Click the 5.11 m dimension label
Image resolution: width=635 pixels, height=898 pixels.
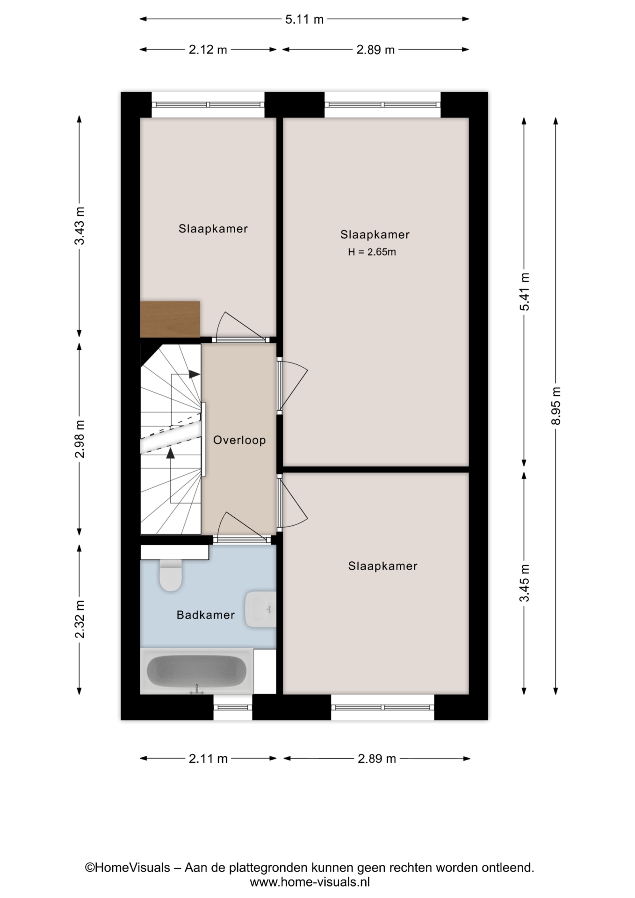[304, 19]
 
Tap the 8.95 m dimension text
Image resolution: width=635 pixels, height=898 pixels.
[556, 406]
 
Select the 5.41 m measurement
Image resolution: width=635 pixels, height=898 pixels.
[524, 292]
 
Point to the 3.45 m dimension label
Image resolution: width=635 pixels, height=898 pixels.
[524, 583]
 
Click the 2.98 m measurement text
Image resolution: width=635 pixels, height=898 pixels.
[79, 439]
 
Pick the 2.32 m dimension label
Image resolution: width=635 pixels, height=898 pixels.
[79, 619]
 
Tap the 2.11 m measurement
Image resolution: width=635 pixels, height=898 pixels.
[208, 759]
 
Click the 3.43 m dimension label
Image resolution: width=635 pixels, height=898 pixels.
[79, 225]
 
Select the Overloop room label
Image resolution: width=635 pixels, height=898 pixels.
[239, 440]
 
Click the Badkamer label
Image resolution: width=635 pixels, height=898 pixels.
[206, 615]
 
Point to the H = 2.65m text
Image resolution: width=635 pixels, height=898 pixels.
[372, 252]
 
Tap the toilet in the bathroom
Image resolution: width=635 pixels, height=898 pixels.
[171, 574]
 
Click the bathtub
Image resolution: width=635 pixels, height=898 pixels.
[197, 671]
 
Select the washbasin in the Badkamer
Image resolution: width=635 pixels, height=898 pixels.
[260, 609]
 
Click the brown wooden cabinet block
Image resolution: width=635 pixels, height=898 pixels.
[170, 319]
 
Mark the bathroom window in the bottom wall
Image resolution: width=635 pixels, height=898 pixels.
[233, 707]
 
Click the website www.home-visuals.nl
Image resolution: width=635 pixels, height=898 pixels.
[310, 883]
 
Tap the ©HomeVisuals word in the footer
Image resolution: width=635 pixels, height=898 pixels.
[127, 868]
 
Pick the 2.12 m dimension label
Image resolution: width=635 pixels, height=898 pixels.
[208, 50]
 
